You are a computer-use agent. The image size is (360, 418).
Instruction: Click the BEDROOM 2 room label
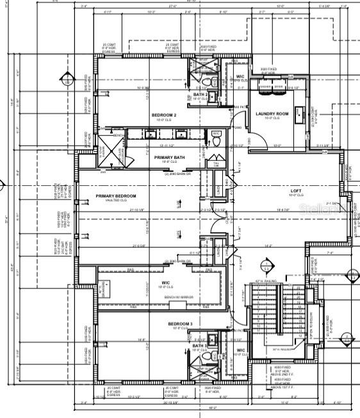164,115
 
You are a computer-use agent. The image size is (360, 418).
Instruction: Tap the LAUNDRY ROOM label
272,114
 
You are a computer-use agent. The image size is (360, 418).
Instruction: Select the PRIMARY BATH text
169,157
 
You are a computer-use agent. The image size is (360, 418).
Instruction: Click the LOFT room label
296,191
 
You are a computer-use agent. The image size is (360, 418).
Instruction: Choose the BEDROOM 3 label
181,324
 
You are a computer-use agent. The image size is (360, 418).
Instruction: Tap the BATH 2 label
199,95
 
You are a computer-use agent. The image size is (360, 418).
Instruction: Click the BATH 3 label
199,346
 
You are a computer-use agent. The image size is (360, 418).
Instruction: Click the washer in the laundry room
263,88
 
